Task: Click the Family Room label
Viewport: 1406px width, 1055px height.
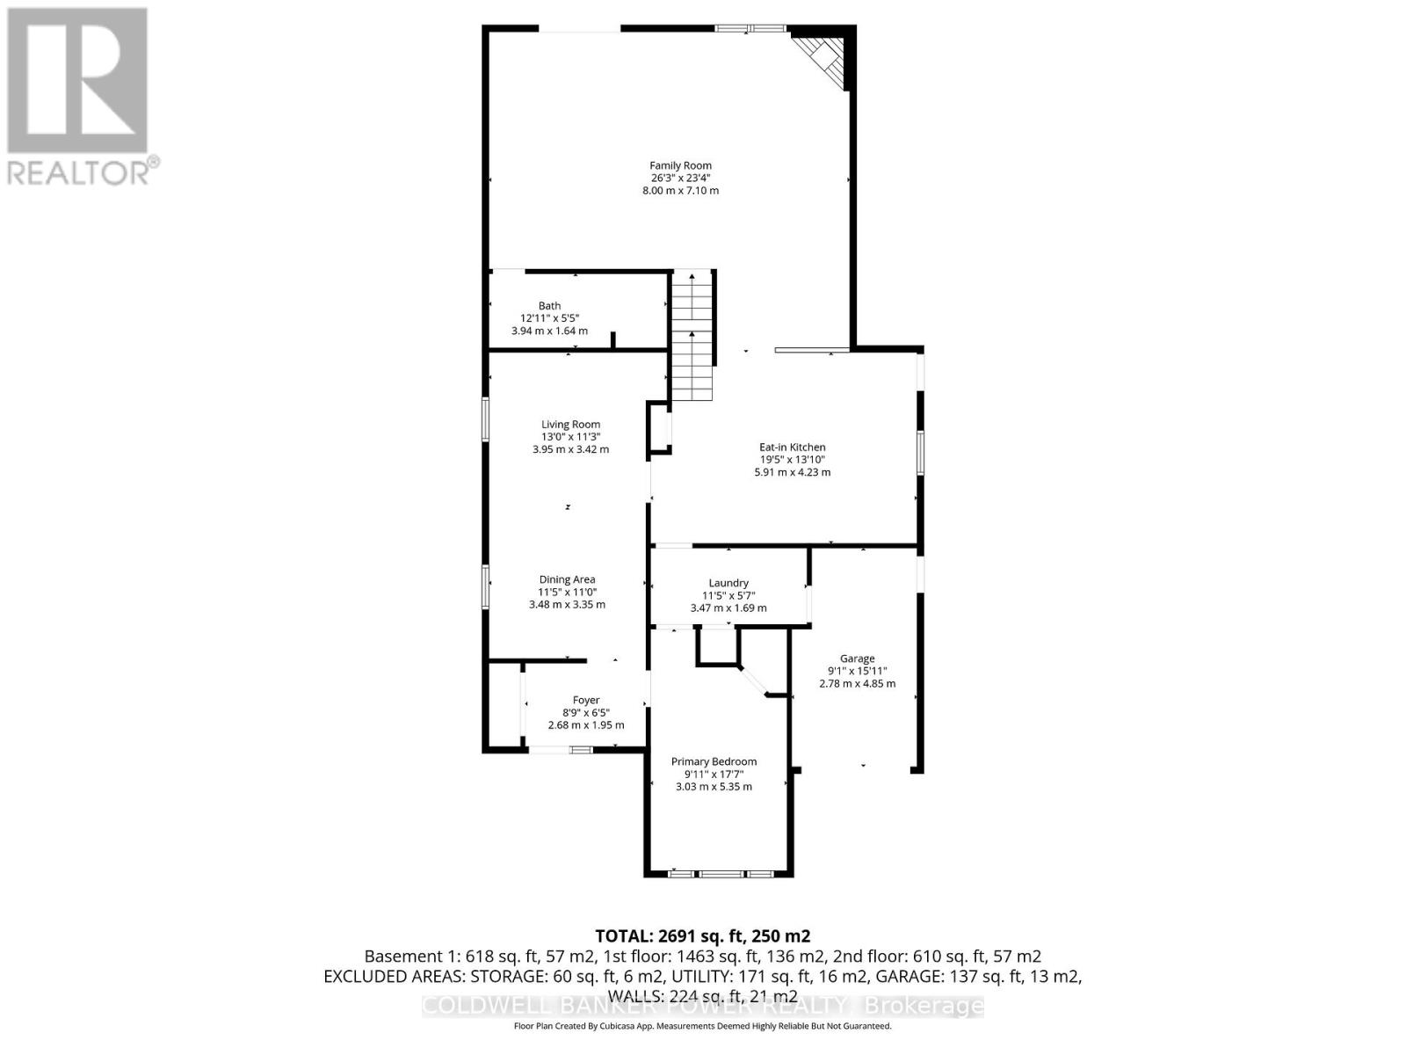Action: point(680,165)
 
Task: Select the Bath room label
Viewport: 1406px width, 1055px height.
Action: point(549,306)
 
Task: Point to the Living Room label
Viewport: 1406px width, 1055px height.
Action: point(570,425)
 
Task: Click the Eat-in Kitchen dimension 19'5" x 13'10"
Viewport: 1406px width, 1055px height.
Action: point(792,459)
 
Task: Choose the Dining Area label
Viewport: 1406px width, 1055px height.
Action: point(567,579)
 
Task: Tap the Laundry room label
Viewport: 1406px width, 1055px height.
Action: point(728,583)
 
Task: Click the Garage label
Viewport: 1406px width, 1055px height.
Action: point(857,658)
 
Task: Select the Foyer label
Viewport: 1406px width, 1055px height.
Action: point(586,701)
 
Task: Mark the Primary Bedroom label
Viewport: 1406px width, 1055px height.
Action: point(714,762)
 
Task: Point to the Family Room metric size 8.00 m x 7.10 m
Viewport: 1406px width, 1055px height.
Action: point(680,190)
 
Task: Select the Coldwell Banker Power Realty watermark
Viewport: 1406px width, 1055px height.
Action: point(703,1006)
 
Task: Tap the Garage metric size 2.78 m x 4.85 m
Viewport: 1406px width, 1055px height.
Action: point(857,683)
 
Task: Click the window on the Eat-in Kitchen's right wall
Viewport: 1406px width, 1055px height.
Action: point(920,453)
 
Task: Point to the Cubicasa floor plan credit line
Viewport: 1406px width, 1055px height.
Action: point(703,1026)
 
